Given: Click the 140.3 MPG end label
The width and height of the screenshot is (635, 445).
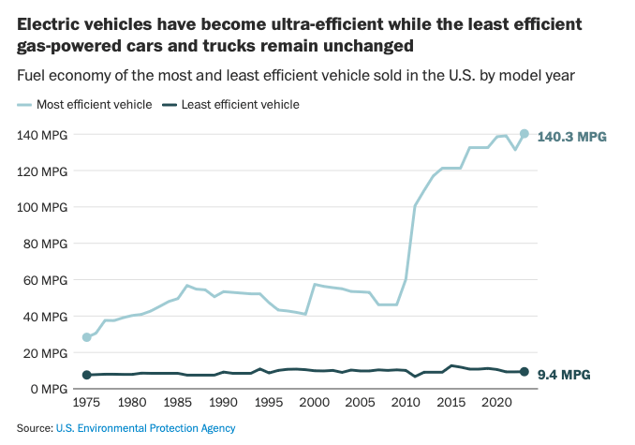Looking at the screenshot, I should (x=571, y=137).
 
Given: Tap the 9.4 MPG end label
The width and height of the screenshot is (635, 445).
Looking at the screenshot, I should (x=564, y=375).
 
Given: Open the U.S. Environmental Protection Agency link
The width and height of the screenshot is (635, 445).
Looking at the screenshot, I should (x=146, y=428).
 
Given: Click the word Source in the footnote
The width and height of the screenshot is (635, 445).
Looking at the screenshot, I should (x=34, y=428).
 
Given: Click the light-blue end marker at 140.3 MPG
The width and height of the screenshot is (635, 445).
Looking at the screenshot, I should (x=524, y=134).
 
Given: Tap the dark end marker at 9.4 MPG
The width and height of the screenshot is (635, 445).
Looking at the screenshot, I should (x=524, y=372).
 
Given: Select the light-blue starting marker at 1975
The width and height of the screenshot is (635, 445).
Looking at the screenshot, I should (x=87, y=337).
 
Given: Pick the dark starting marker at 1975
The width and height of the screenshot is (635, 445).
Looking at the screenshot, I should (x=87, y=375).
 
